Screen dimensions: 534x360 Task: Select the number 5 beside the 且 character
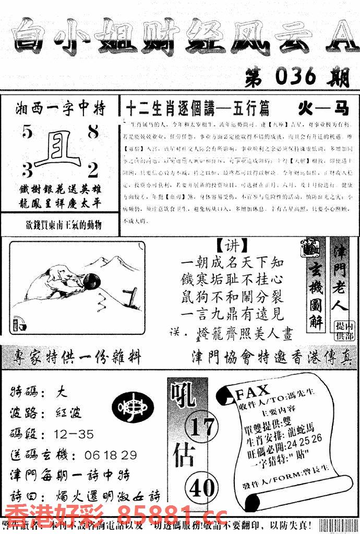[27, 133]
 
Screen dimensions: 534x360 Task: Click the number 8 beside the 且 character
[93, 132]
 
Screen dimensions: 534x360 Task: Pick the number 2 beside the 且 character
[93, 169]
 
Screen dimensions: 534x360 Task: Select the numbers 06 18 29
[110, 455]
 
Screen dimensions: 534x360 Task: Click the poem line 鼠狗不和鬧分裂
[234, 299]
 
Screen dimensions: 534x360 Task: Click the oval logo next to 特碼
[134, 407]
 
